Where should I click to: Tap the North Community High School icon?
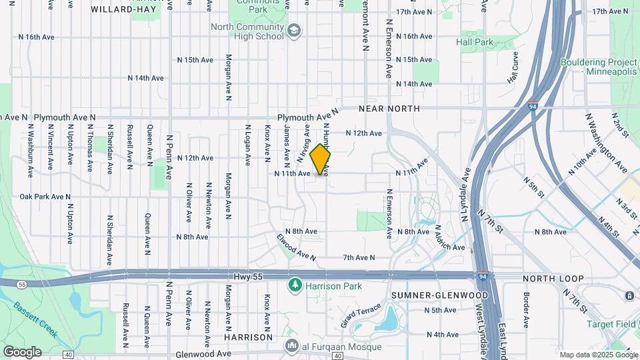(293, 31)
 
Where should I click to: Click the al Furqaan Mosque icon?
(291, 345)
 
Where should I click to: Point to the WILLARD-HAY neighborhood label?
(120, 9)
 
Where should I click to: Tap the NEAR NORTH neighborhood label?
(389, 108)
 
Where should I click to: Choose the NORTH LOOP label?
(553, 279)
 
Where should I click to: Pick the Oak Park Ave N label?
(45, 197)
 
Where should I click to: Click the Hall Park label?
(475, 42)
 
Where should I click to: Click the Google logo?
(22, 351)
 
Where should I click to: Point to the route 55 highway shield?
(22, 283)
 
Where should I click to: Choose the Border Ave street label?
(526, 309)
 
